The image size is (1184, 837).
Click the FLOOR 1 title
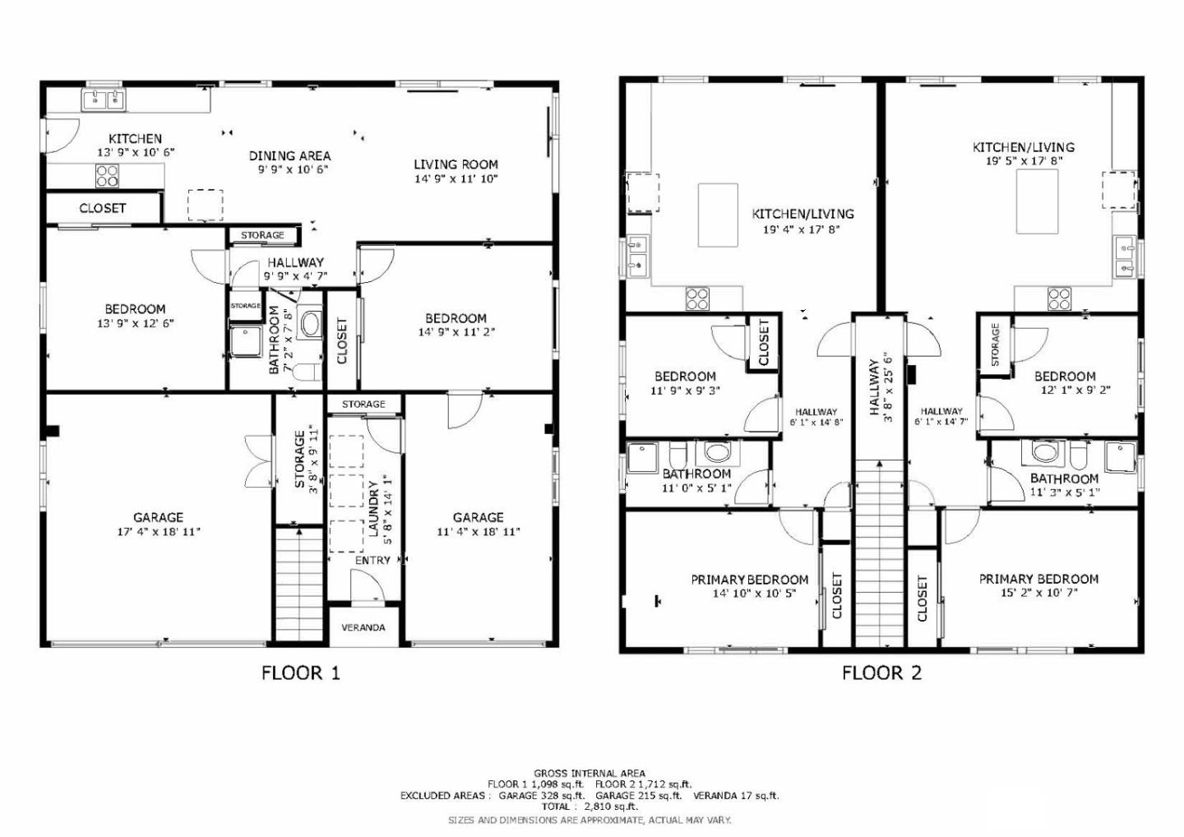click(300, 673)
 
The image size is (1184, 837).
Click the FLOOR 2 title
click(881, 673)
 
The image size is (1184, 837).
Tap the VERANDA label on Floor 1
click(363, 627)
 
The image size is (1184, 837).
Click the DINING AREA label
click(289, 155)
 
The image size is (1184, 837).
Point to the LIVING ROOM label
click(456, 164)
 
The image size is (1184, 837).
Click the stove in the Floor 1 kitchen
click(107, 175)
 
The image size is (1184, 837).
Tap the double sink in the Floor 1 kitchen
click(104, 100)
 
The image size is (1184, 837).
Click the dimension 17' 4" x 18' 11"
click(158, 532)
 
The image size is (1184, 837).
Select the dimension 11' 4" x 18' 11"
click(478, 532)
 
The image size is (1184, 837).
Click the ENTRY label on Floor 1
click(372, 560)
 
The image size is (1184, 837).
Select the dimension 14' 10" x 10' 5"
click(753, 593)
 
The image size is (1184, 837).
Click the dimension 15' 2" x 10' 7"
click(1038, 592)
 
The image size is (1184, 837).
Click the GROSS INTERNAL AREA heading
click(589, 773)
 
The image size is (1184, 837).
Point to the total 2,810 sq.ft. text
click(589, 807)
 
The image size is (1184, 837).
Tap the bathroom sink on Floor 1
click(311, 323)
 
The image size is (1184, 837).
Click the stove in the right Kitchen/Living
click(1059, 298)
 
